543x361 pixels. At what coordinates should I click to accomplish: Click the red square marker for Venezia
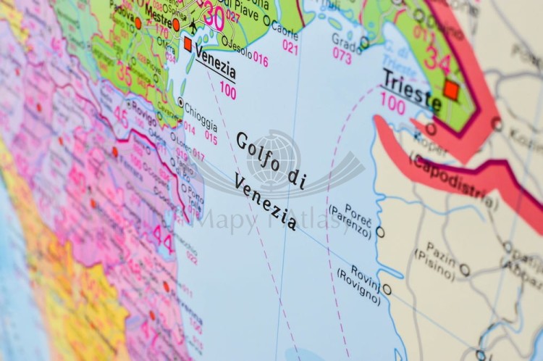(x=188, y=44)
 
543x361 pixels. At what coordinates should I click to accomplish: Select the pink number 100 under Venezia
(x=227, y=92)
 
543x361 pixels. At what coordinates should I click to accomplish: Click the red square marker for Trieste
(x=451, y=90)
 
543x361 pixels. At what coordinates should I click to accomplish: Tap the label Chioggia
(x=201, y=111)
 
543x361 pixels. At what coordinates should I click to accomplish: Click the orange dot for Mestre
(x=176, y=25)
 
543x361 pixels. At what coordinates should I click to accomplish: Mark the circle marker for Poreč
(x=380, y=232)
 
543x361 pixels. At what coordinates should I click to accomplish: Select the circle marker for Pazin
(x=464, y=270)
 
